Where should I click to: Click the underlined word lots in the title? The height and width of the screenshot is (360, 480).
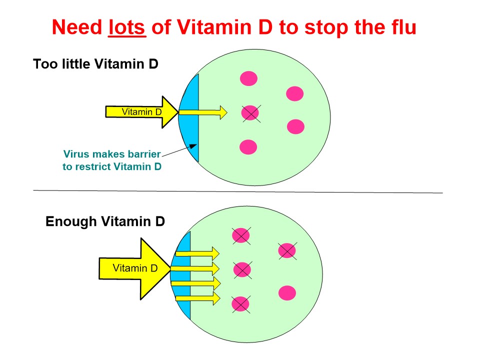127,27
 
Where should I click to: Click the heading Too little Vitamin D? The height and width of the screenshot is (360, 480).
95,64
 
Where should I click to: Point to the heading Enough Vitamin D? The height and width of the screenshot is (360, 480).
105,221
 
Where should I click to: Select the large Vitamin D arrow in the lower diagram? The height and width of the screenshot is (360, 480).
135,268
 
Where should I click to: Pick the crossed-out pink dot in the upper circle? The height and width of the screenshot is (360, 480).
250,113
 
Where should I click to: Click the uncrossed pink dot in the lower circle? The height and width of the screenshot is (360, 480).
287,292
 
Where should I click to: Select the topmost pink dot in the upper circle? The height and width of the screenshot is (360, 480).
248,78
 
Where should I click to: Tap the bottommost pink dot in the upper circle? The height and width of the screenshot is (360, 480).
248,147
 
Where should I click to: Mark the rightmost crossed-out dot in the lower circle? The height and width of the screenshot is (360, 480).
287,250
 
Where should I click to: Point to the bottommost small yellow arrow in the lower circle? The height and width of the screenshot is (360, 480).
197,298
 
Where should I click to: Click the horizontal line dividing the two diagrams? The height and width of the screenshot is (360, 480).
238,191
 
